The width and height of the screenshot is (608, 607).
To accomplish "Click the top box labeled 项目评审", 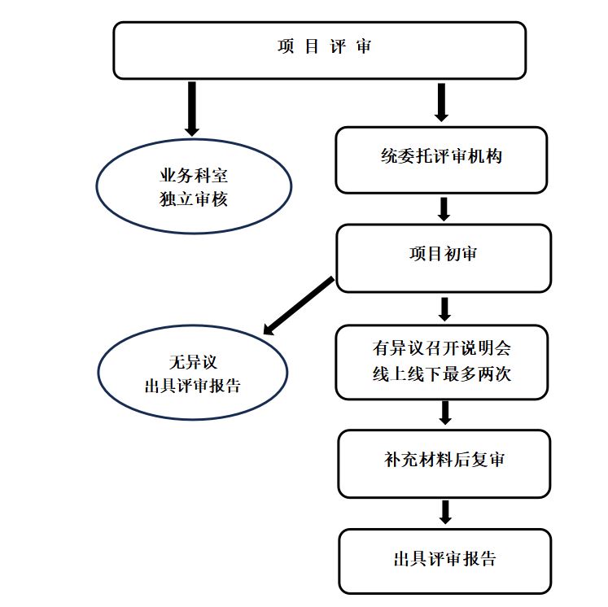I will (x=319, y=50).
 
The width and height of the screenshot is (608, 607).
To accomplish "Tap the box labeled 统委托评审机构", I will (x=441, y=159).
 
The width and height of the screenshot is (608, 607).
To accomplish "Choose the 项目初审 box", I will (x=443, y=257).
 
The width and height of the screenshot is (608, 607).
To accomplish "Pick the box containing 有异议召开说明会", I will (x=441, y=362).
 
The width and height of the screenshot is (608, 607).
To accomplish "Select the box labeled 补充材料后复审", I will (x=444, y=461).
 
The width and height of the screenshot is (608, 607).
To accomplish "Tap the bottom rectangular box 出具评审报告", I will (x=444, y=561).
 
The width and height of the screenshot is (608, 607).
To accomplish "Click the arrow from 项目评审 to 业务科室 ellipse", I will (x=192, y=107).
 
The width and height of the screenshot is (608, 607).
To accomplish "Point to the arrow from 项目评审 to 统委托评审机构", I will (x=442, y=102).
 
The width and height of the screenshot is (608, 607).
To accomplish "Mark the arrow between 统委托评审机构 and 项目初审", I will (x=444, y=209).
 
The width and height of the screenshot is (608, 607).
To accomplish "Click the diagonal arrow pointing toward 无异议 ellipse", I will (x=299, y=306).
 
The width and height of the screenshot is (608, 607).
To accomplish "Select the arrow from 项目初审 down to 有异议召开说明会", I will (x=444, y=309).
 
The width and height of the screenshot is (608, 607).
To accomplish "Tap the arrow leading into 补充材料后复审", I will (x=444, y=413).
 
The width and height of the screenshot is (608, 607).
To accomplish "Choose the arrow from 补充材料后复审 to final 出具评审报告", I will (x=444, y=512).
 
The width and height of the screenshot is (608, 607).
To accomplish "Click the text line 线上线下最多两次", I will (x=441, y=375).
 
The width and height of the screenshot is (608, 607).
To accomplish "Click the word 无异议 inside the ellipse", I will (x=193, y=362).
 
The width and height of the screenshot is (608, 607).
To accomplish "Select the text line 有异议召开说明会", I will (x=441, y=349).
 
